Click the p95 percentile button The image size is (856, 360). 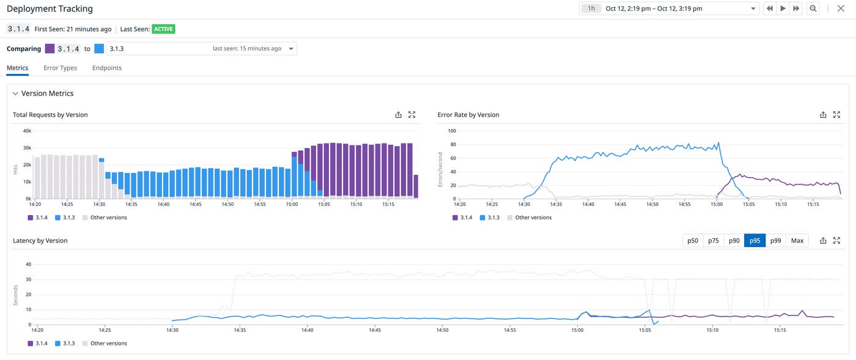(755, 241)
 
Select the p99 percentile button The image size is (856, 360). (775, 241)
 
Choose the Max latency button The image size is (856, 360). (797, 241)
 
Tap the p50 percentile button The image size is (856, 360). (692, 241)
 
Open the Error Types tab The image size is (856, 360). (60, 68)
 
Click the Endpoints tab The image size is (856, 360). (107, 68)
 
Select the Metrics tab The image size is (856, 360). (17, 68)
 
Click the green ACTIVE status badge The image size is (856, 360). (163, 29)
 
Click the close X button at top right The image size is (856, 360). (840, 9)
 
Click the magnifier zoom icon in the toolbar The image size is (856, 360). (813, 9)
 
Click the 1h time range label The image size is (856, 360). (591, 9)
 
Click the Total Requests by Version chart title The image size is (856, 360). (50, 115)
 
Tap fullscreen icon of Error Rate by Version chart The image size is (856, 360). (836, 115)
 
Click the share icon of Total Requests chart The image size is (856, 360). (398, 115)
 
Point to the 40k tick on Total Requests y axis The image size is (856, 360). (27, 131)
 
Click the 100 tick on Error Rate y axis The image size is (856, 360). (452, 131)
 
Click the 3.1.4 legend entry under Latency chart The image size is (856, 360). (39, 343)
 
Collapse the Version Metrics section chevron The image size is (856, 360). (15, 94)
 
